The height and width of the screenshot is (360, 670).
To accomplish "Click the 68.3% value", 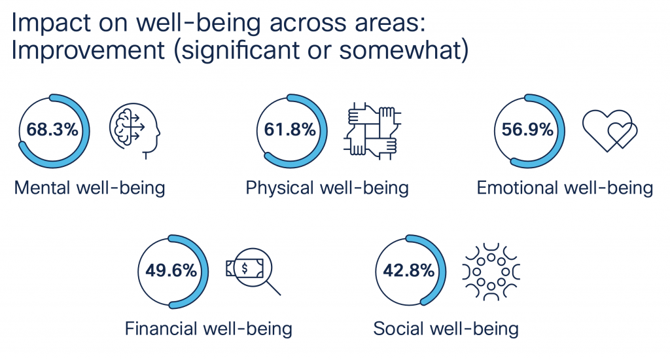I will click(x=52, y=130).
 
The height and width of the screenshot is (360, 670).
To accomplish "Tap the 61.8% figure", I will click(x=290, y=130).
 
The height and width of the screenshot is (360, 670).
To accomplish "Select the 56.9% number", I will click(x=527, y=130).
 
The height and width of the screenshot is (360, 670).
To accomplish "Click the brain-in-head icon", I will click(x=133, y=130).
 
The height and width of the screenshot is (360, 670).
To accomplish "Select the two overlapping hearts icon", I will click(x=610, y=130).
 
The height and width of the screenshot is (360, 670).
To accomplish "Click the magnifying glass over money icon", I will click(x=253, y=270).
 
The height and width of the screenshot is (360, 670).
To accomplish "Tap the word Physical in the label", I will click(x=279, y=189).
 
